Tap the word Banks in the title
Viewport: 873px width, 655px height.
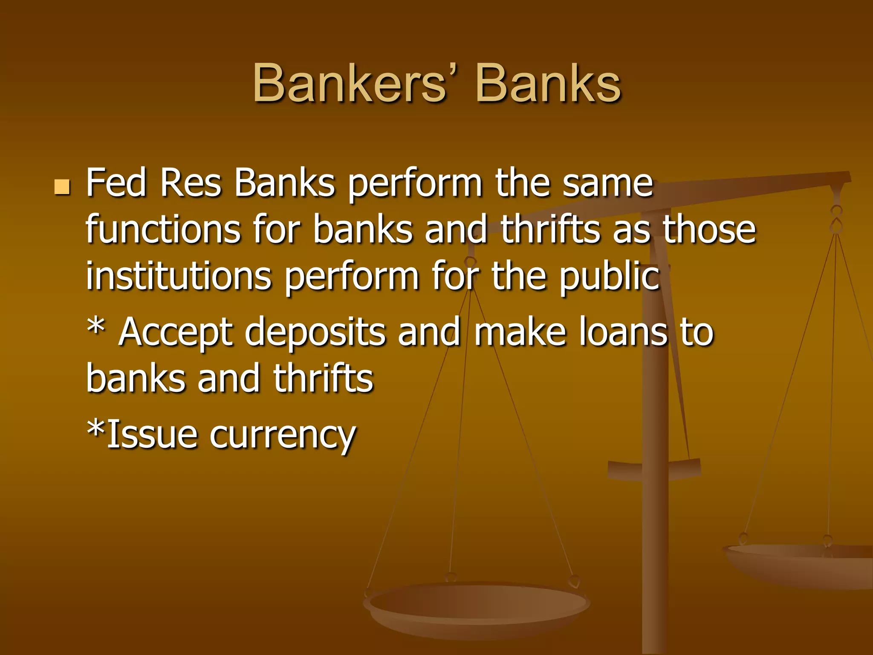tap(548, 84)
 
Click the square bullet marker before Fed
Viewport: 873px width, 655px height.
tap(62, 187)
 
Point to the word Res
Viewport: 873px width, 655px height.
tap(191, 183)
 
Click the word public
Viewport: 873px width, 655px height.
tap(610, 277)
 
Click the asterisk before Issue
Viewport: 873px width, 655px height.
tap(95, 429)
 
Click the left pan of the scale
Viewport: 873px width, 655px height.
tap(477, 606)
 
